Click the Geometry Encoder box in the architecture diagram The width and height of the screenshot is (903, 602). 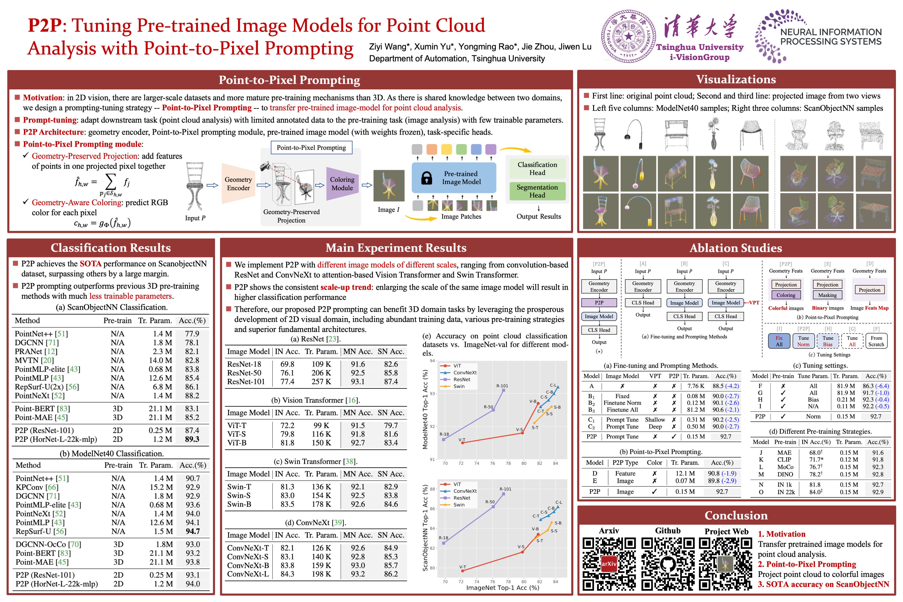238,184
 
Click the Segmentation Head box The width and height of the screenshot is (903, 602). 537,191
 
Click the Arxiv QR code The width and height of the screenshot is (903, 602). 609,564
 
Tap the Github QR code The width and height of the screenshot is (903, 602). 668,564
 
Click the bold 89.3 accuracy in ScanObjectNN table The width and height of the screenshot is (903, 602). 192,439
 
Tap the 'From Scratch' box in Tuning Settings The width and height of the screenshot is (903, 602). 876,341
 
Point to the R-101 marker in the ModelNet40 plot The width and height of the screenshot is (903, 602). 503,390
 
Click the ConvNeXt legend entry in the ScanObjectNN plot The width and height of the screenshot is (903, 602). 465,491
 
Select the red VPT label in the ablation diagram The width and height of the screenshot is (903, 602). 754,303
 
